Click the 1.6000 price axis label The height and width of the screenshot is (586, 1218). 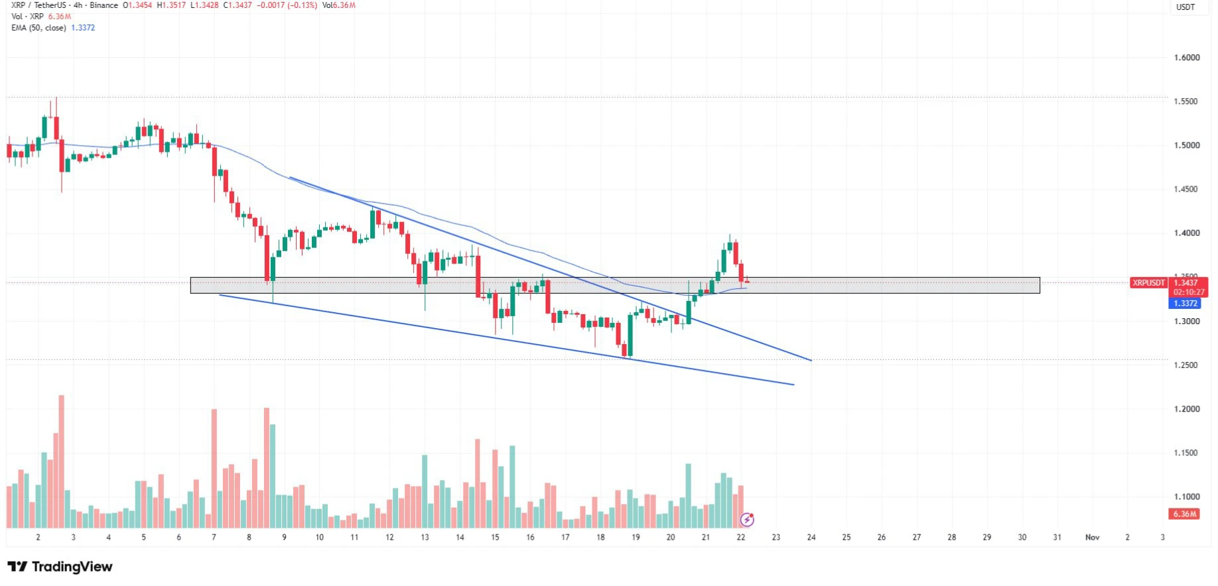click(x=1187, y=58)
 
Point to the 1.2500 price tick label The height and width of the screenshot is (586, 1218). click(x=1187, y=365)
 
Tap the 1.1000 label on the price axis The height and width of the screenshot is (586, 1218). click(x=1187, y=497)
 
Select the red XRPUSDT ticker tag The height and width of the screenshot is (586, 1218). click(x=1148, y=283)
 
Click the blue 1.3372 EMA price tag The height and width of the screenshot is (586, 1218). click(x=1185, y=304)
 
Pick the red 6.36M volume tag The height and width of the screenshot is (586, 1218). click(x=1185, y=514)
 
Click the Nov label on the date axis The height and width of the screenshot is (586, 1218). click(x=1092, y=538)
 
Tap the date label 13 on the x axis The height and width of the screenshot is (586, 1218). click(x=425, y=538)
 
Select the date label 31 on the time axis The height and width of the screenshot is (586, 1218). click(x=1057, y=538)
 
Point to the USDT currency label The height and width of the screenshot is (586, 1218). click(x=1185, y=7)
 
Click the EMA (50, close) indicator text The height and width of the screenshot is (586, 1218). click(x=38, y=28)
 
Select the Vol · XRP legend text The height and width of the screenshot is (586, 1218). click(x=27, y=17)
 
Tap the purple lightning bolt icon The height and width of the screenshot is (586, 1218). click(x=747, y=520)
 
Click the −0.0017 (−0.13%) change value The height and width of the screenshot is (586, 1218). click(x=287, y=5)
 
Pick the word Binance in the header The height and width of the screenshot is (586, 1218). click(x=103, y=5)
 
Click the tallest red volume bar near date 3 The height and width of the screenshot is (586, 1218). click(x=62, y=461)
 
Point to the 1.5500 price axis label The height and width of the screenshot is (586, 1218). click(x=1187, y=101)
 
